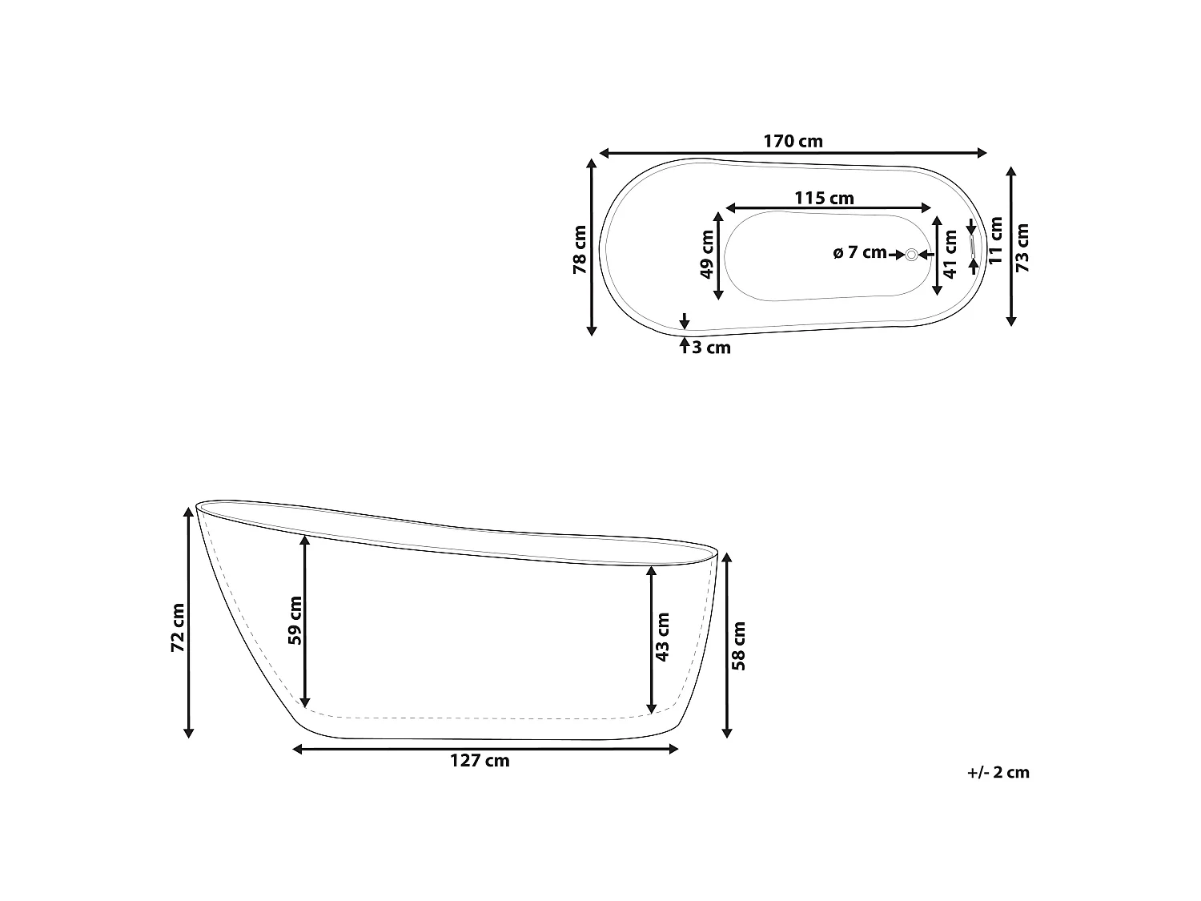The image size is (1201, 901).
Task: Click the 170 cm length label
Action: [793, 141]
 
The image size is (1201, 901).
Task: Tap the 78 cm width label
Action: [580, 249]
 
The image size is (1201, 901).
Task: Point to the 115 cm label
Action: [824, 198]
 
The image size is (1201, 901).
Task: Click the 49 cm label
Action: [707, 254]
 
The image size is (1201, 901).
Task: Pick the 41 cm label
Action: [950, 254]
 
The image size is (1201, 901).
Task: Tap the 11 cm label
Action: [995, 241]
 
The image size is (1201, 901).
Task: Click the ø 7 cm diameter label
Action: [860, 252]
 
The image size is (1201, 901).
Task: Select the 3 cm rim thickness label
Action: [711, 348]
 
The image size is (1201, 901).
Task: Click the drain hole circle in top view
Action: [911, 255]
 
